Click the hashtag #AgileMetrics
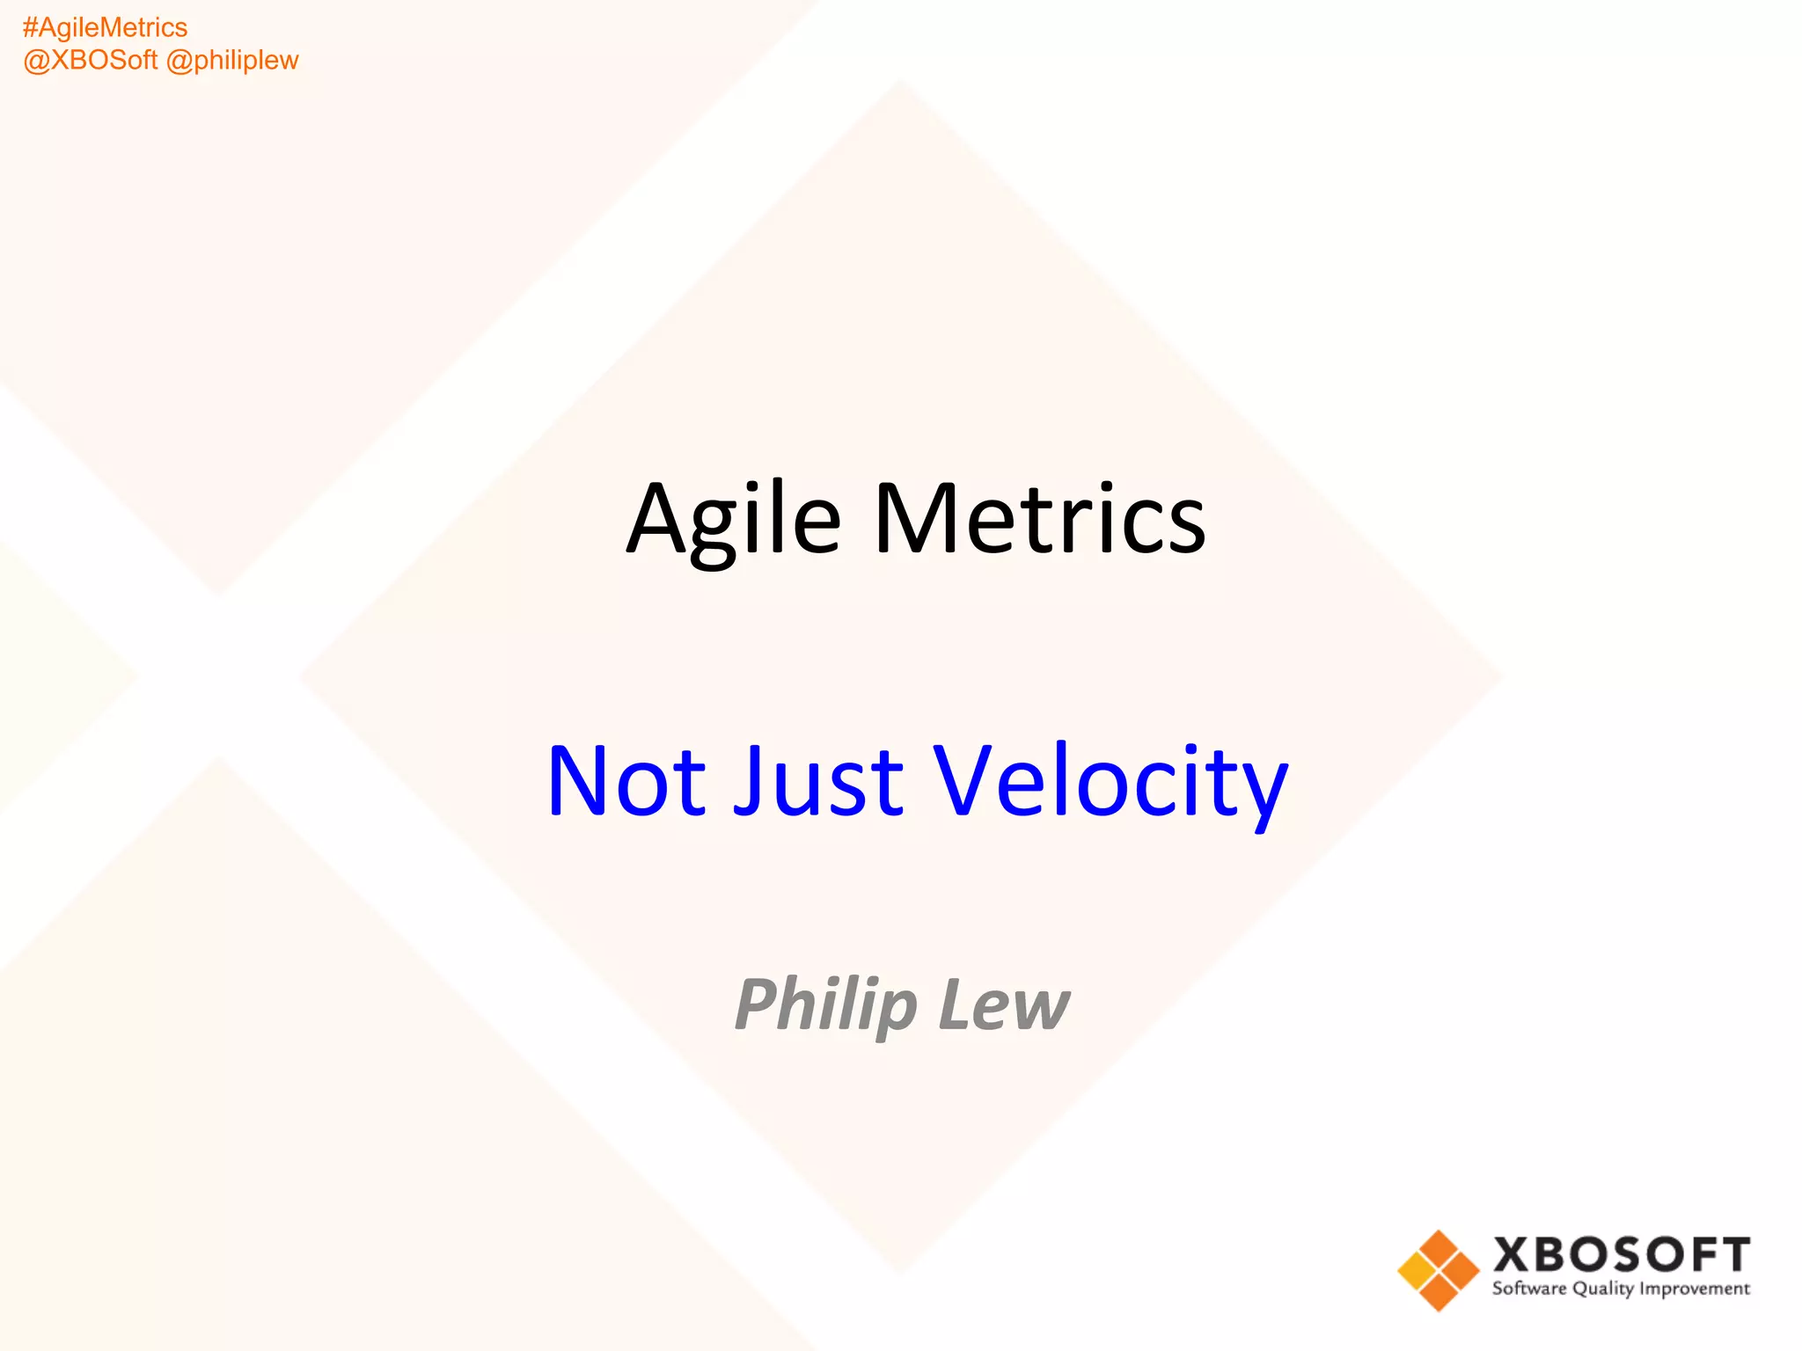pyautogui.click(x=105, y=28)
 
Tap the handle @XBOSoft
pyautogui.click(x=91, y=61)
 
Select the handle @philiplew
pyautogui.click(x=232, y=61)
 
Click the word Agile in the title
pyautogui.click(x=734, y=521)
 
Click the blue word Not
pyautogui.click(x=626, y=781)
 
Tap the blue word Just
pyautogui.click(x=818, y=781)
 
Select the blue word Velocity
pyautogui.click(x=1110, y=781)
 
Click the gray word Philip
pyautogui.click(x=826, y=1004)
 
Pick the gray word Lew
pyautogui.click(x=1004, y=1004)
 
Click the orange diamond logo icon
pyautogui.click(x=1438, y=1270)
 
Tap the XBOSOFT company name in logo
pyautogui.click(x=1621, y=1255)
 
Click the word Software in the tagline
pyautogui.click(x=1529, y=1289)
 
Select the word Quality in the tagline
pyautogui.click(x=1603, y=1289)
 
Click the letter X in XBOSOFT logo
pyautogui.click(x=1513, y=1255)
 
